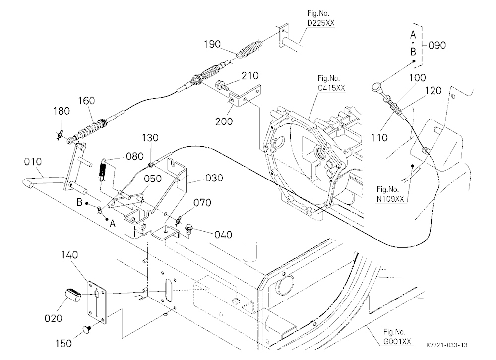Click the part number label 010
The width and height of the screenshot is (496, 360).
33,162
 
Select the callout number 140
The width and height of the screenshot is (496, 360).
69,255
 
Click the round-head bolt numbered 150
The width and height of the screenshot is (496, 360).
88,329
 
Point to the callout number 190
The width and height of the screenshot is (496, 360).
212,44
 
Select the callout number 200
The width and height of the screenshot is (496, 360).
224,121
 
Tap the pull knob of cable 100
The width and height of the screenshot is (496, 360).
377,86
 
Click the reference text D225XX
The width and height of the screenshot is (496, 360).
321,23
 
